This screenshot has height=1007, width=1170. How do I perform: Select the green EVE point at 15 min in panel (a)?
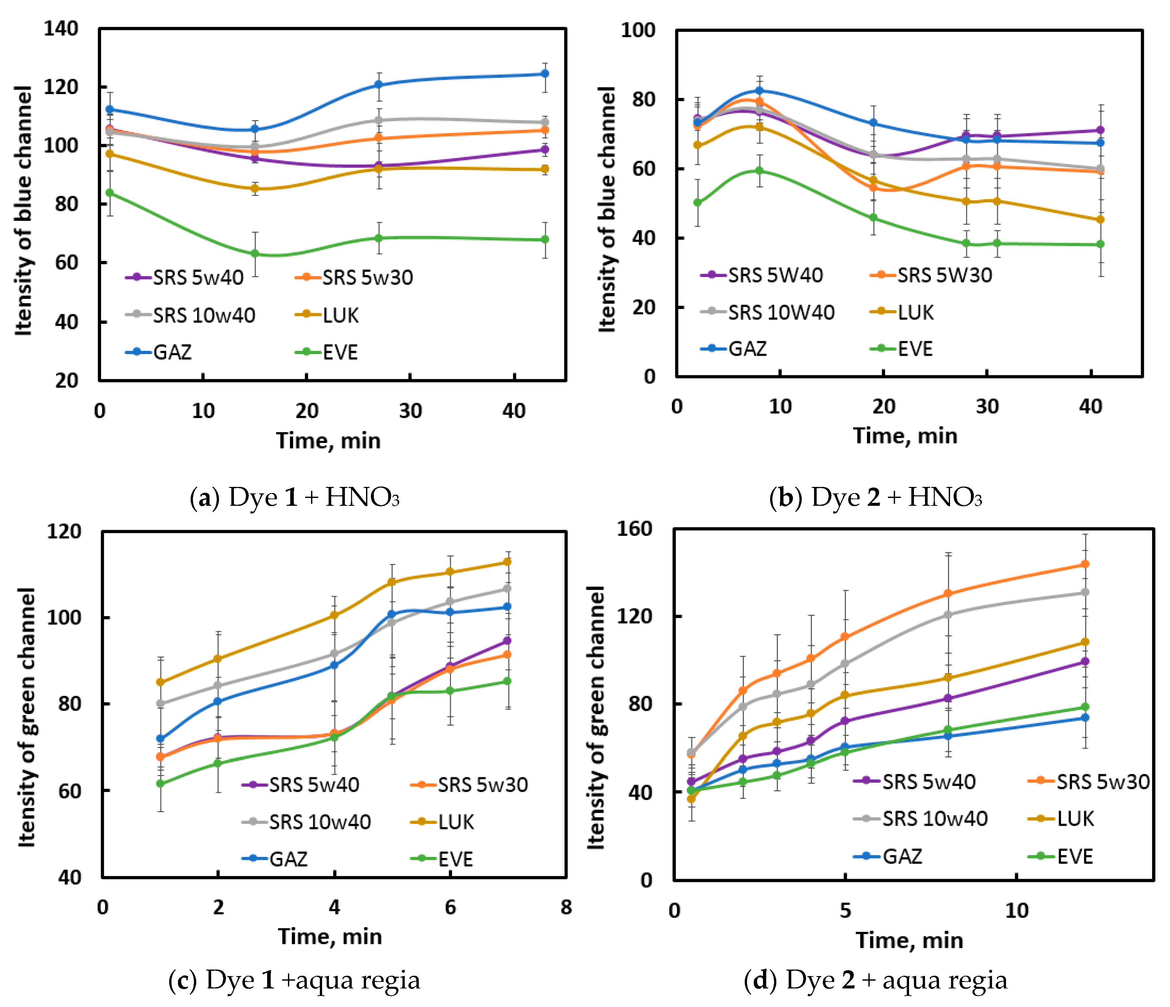[255, 254]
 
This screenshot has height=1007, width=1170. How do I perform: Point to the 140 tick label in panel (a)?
[61, 28]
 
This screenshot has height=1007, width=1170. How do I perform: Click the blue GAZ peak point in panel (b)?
[759, 90]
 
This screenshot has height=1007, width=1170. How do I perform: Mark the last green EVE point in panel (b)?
[1100, 244]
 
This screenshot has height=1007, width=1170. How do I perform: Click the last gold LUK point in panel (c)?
[507, 562]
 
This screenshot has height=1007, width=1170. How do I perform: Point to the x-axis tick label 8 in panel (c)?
[566, 907]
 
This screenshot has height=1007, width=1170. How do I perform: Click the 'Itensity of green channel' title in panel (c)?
[27, 717]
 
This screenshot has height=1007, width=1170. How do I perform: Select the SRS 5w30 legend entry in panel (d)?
[1089, 782]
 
